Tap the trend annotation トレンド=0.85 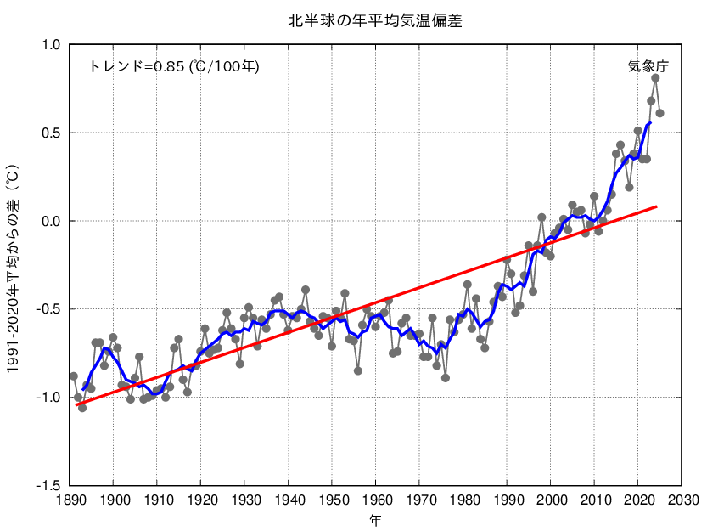coord(174,66)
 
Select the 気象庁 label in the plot coord(648,66)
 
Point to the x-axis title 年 coord(375,517)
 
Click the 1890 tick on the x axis coord(70,500)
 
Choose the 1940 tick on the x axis coord(289,500)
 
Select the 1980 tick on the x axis coord(463,500)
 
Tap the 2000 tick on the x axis coord(551,500)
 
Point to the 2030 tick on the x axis coord(682,500)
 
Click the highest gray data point coord(655,78)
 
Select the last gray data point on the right coord(659,113)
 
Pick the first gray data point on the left coord(74,376)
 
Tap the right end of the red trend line coord(656,206)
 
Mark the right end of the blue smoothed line coord(650,122)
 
